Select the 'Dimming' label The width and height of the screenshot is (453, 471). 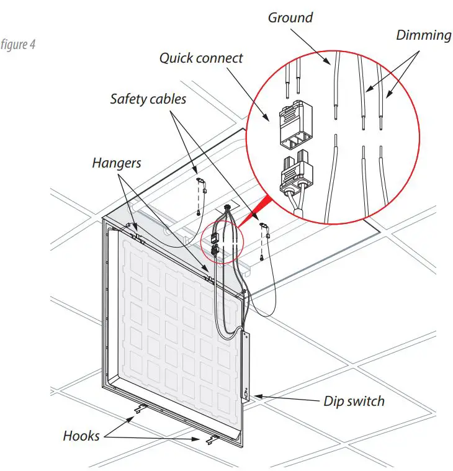pyautogui.click(x=423, y=35)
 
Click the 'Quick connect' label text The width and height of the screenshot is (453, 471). pyautogui.click(x=201, y=58)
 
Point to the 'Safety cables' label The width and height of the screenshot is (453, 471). pyautogui.click(x=148, y=99)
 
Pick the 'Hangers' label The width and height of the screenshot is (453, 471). pyautogui.click(x=117, y=163)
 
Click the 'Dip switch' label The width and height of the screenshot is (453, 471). pyautogui.click(x=354, y=401)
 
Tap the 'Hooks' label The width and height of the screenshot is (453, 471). pyautogui.click(x=81, y=436)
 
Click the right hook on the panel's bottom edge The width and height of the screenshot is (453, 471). pyautogui.click(x=210, y=439)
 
